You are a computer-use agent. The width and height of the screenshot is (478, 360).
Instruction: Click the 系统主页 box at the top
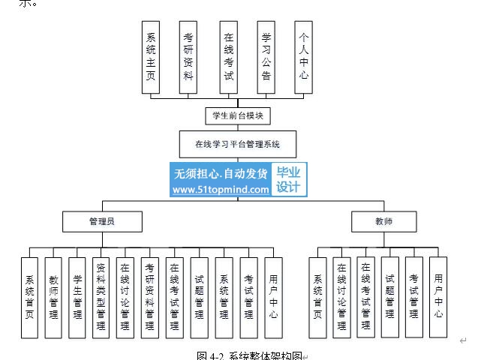[151, 57]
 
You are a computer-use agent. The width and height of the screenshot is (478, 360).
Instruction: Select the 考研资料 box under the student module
[189, 57]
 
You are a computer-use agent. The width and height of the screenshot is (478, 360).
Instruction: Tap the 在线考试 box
[227, 57]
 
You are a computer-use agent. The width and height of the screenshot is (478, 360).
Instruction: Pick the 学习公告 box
[266, 57]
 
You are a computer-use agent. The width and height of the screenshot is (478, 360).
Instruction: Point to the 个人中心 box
[303, 57]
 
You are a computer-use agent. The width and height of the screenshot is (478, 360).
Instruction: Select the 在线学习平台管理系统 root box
[237, 142]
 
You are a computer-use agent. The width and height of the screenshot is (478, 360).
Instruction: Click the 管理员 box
[101, 222]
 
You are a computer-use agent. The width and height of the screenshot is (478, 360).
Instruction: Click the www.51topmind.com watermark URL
[221, 190]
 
